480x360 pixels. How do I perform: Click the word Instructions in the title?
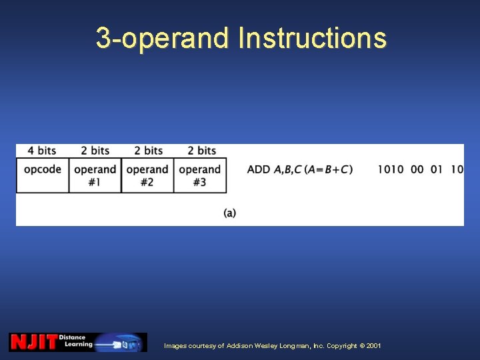[x=312, y=38]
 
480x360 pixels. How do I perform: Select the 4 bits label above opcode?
[x=42, y=151]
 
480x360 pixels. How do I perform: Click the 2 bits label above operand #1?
[x=95, y=151]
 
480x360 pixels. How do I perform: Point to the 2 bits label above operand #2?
[x=148, y=151]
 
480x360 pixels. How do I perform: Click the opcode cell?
[x=43, y=169]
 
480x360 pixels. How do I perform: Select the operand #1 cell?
[x=95, y=175]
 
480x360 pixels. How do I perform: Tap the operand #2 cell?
[x=147, y=175]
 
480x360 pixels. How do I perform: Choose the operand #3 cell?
[x=200, y=175]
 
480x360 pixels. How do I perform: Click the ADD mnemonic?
[x=259, y=169]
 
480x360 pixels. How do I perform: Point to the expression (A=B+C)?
[x=328, y=169]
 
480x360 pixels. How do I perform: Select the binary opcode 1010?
[x=391, y=169]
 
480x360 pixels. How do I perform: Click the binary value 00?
[x=417, y=169]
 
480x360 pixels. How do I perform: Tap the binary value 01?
[x=437, y=169]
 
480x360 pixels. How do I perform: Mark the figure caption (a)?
[x=230, y=213]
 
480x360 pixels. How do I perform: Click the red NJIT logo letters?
[x=33, y=342]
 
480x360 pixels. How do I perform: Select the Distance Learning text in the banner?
[x=76, y=341]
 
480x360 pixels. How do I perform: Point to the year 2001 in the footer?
[x=373, y=346]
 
